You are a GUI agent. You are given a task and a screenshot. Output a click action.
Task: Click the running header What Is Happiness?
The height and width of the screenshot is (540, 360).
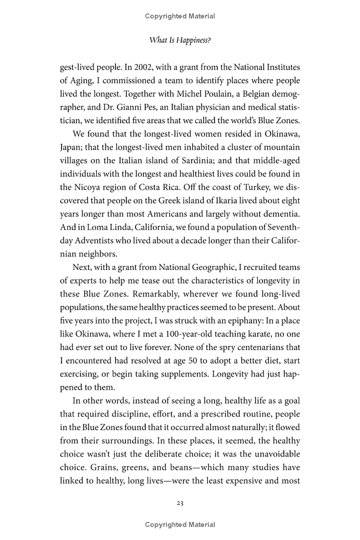pos(180,40)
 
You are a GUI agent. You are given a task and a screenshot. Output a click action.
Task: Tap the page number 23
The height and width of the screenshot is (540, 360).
pos(180,503)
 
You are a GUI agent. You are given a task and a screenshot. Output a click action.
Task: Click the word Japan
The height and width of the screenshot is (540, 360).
pos(70,147)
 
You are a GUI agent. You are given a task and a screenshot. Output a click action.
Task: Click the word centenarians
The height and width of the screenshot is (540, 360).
pos(248,347)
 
